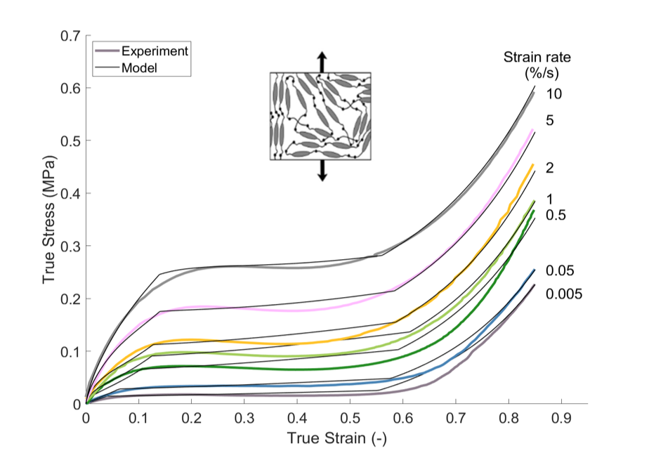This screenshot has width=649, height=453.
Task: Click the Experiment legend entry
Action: (x=154, y=51)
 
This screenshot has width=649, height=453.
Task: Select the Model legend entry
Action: (x=138, y=68)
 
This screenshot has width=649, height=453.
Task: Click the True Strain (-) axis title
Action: (x=336, y=438)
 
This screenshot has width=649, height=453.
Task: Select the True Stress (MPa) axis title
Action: (x=48, y=219)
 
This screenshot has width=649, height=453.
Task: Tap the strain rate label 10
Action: (x=554, y=94)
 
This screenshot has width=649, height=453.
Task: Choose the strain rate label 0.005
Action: (x=565, y=294)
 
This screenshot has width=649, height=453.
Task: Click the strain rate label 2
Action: (x=550, y=168)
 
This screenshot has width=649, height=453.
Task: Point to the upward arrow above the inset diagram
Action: (x=321, y=61)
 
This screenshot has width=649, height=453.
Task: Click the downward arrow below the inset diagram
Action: (x=322, y=171)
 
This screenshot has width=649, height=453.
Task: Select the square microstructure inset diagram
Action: (x=320, y=116)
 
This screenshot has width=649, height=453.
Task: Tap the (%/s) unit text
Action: (x=542, y=72)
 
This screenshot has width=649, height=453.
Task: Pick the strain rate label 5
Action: (x=550, y=121)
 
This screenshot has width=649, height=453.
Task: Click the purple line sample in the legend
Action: (x=106, y=51)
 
